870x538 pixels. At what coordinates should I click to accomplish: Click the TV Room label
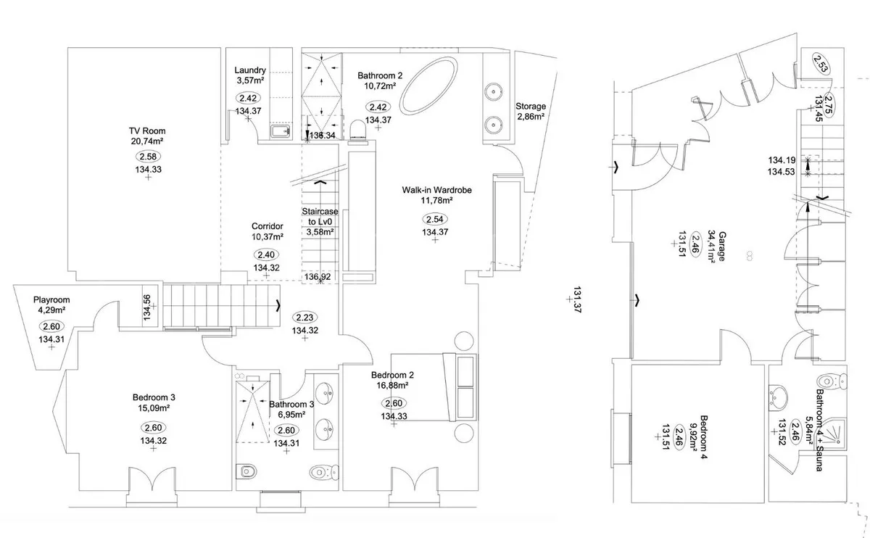147,131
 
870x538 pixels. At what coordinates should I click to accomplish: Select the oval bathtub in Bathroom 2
428,86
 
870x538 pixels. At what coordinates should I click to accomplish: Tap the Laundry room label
250,70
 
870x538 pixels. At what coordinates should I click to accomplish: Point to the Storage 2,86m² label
531,111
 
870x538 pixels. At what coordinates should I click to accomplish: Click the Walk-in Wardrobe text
436,190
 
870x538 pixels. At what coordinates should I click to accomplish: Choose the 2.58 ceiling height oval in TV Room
148,157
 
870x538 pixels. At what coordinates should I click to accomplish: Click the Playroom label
51,300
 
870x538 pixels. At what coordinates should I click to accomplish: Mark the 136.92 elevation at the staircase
318,276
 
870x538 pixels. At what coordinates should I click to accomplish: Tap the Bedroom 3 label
154,397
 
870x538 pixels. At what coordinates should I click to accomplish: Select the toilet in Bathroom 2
357,130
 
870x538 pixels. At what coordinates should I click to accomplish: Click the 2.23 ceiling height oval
304,318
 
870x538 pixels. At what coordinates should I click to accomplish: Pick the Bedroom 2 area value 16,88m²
392,385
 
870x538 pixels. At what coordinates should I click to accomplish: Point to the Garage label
722,247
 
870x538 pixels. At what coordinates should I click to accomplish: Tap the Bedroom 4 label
703,437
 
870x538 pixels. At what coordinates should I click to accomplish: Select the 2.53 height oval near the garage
821,64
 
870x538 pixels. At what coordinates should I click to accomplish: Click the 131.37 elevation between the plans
577,299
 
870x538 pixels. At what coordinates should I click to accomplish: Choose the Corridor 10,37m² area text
268,236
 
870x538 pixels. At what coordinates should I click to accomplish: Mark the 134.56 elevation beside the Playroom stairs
146,307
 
